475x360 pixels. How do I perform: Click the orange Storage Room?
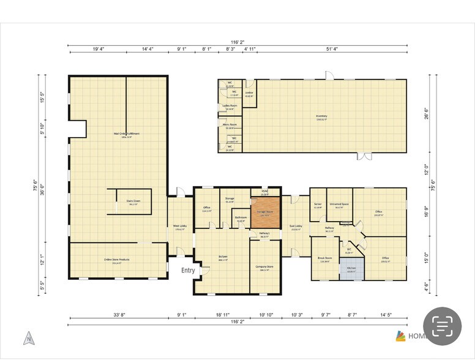click(266, 213)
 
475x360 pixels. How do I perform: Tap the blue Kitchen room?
click(352, 269)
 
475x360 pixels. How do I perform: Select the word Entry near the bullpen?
click(188, 270)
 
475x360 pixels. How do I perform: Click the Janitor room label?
click(249, 94)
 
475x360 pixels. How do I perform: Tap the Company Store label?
click(264, 268)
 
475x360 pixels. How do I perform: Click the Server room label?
click(318, 205)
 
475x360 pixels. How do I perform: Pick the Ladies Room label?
click(230, 107)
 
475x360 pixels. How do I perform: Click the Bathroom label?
click(241, 218)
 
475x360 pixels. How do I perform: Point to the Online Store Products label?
click(116, 260)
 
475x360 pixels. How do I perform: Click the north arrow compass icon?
click(28, 337)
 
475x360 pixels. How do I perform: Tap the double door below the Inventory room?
click(364, 156)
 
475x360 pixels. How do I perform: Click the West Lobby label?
click(179, 227)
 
